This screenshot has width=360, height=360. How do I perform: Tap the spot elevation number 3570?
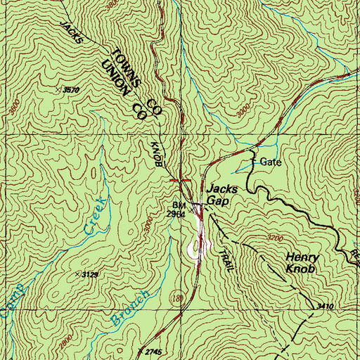(x=70, y=90)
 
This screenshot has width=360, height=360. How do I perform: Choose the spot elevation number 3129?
(x=88, y=274)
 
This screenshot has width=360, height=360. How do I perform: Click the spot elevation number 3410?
(x=325, y=307)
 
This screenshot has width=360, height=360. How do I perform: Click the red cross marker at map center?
(x=181, y=180)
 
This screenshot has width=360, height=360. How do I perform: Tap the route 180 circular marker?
(x=176, y=299)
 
